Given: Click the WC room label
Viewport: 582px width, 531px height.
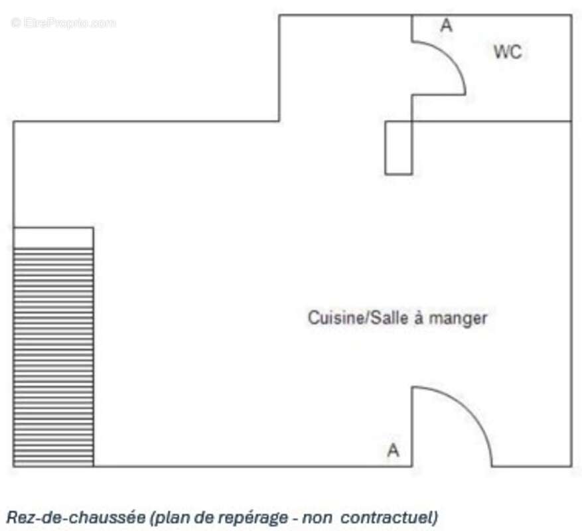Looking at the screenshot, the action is pos(508,52).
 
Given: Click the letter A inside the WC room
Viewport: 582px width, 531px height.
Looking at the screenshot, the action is pos(447,26).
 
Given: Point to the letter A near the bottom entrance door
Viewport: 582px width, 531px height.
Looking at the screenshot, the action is pos(394,450).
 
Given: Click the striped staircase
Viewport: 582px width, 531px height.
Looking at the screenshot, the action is pos(54,357).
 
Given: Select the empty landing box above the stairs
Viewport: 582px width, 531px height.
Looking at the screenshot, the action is pos(54,238).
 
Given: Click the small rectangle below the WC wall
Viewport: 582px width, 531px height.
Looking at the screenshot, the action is pos(398,148).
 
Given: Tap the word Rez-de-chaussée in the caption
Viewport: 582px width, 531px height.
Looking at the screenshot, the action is pos(76,517).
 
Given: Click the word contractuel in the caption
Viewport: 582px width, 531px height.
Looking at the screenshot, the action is pos(390,517).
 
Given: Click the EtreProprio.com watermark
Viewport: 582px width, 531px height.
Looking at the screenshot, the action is pos(64,23).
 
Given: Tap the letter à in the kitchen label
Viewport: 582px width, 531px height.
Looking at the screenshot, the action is pos(419,318).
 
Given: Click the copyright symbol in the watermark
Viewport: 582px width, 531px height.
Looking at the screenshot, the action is pos(16,23).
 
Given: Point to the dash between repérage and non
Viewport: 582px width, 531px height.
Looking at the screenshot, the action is pos(295,519).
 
